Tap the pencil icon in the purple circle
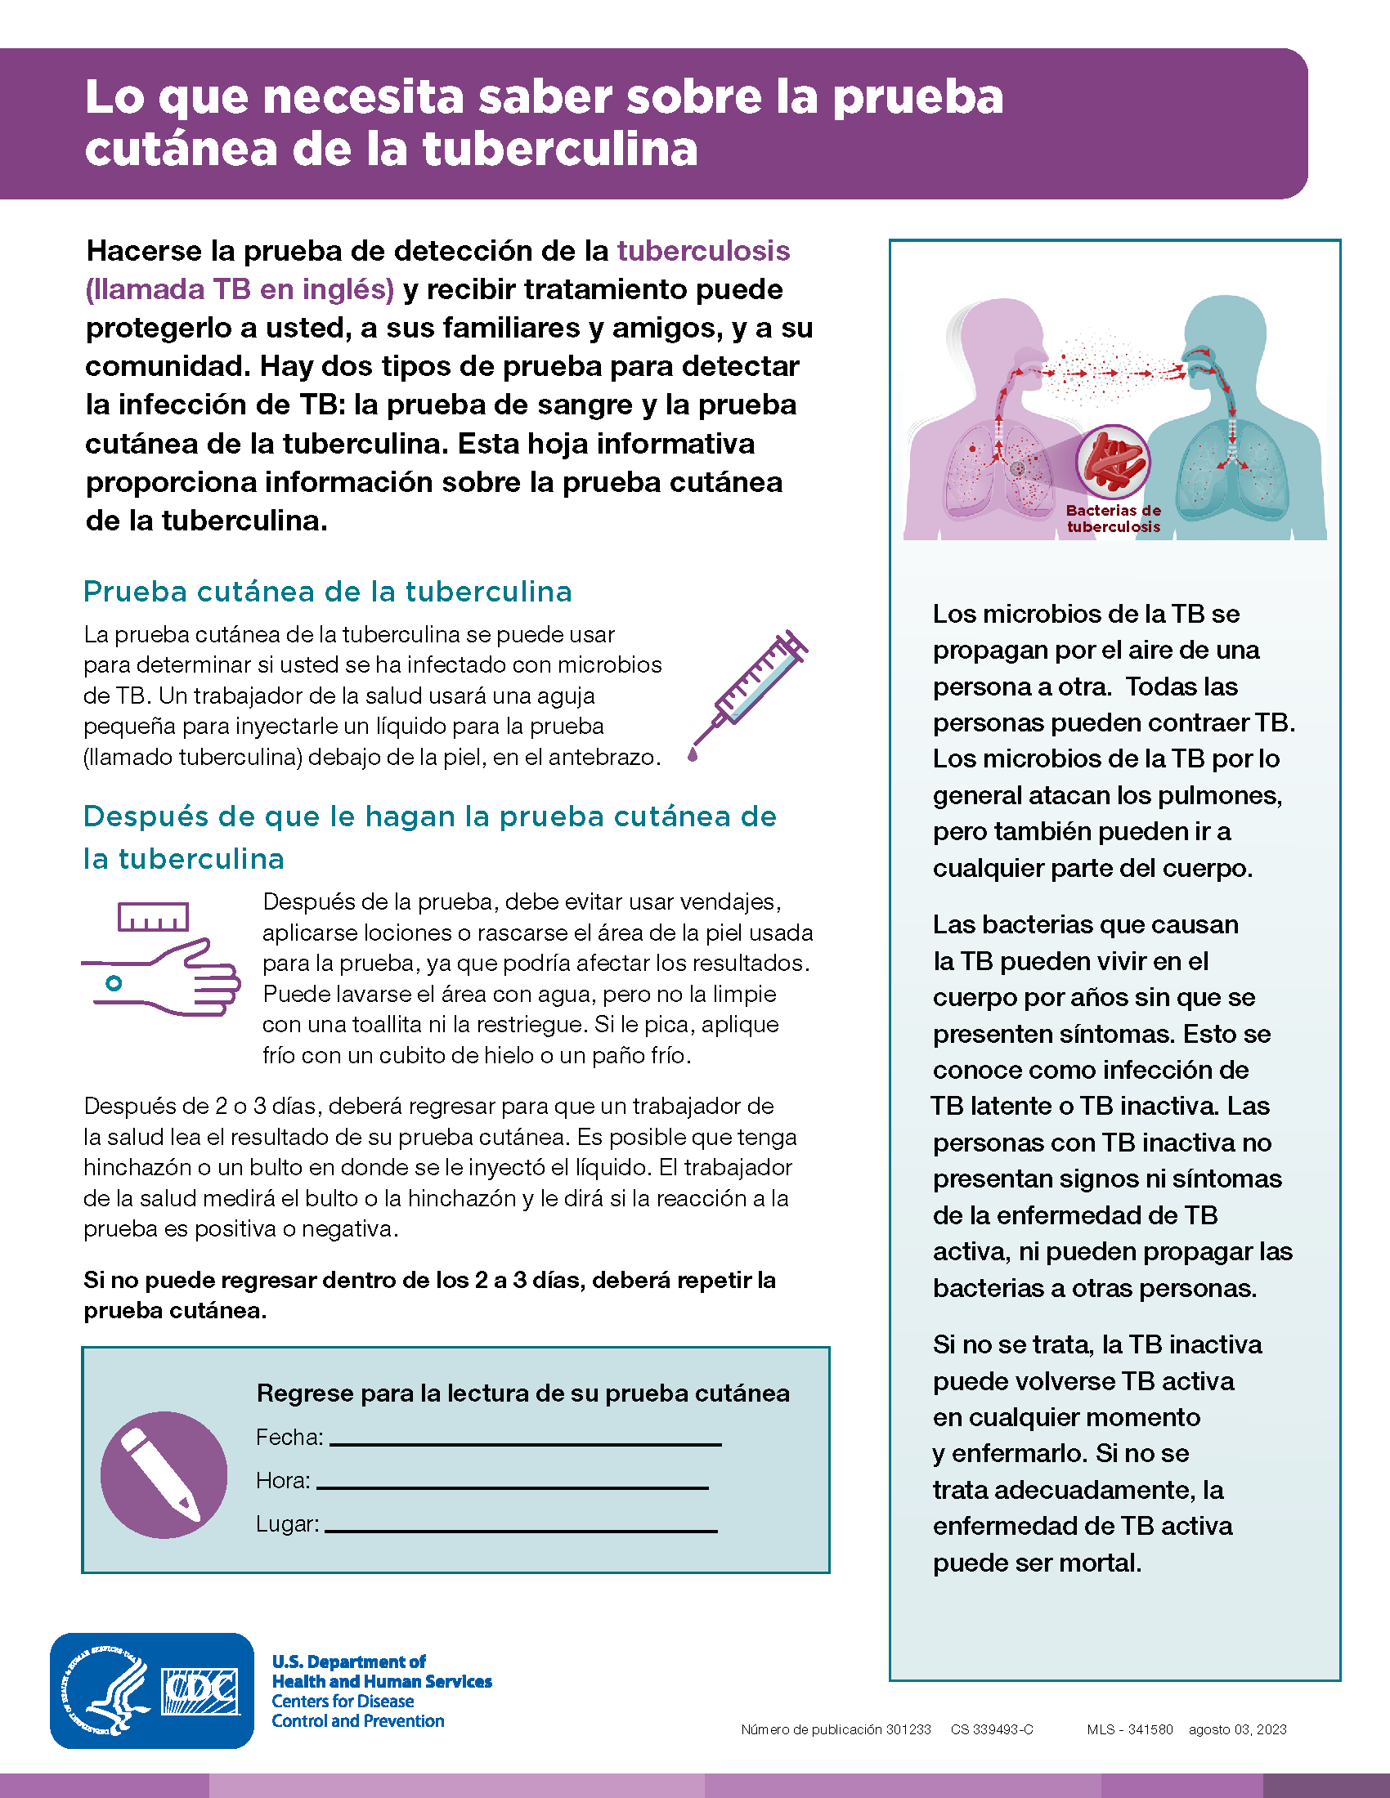tap(163, 1474)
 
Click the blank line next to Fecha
tap(525, 1443)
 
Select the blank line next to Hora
tap(511, 1487)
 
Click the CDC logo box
tap(201, 1691)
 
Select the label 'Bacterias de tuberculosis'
tap(1114, 519)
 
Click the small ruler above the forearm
tap(153, 917)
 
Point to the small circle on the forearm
tap(114, 982)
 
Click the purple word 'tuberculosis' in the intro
tap(703, 250)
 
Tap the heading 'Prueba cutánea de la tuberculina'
tap(328, 591)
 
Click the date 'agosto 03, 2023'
tap(1237, 1729)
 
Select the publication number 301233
tap(908, 1729)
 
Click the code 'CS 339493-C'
tap(992, 1729)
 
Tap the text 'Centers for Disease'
tap(343, 1701)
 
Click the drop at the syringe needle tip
tap(693, 754)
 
